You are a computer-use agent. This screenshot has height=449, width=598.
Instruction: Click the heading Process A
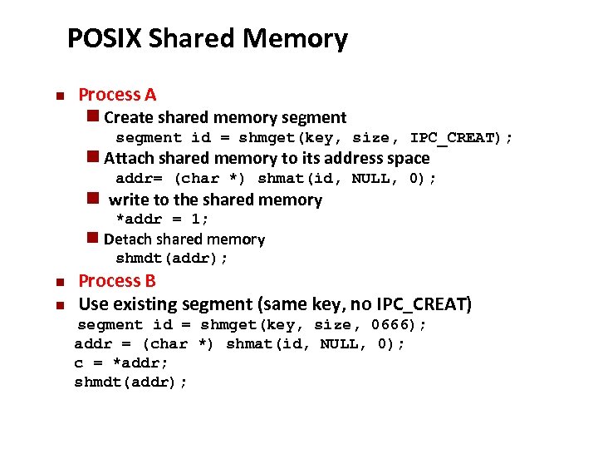click(117, 95)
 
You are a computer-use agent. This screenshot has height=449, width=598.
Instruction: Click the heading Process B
click(117, 281)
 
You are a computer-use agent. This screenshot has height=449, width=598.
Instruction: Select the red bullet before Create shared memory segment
click(93, 117)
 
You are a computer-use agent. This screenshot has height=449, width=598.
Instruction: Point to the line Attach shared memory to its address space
click(267, 158)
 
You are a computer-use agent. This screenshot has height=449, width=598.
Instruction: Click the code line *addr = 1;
click(162, 219)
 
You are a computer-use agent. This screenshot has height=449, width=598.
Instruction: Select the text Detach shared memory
click(184, 239)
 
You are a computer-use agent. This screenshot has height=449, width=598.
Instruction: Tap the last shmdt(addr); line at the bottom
click(131, 382)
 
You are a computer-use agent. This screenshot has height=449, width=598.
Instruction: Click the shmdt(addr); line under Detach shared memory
click(172, 259)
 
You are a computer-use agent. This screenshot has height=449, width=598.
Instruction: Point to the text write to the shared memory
click(215, 200)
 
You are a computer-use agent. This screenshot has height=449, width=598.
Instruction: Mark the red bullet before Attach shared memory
click(93, 158)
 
